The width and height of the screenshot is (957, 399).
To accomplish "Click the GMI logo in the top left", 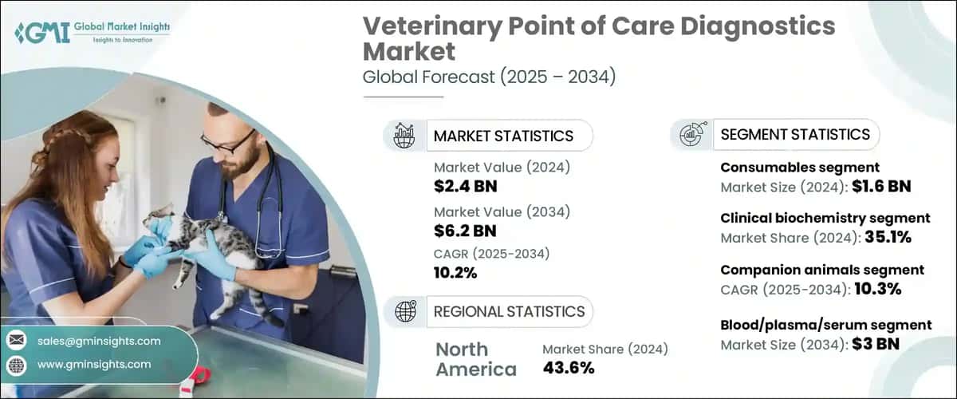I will tap(32, 32).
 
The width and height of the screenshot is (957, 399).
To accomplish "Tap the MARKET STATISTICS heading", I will tap(502, 136).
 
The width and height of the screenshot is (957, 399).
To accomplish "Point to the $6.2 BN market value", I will tap(466, 231).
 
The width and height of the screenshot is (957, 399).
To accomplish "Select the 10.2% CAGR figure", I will tap(455, 273).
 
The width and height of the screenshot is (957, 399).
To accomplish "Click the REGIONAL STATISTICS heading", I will tap(509, 311).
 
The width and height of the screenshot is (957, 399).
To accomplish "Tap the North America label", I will tap(475, 359).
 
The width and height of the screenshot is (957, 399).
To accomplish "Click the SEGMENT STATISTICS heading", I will tap(794, 134).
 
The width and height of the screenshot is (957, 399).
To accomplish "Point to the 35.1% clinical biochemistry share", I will tap(883, 238).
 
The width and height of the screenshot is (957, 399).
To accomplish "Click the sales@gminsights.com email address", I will tap(99, 341).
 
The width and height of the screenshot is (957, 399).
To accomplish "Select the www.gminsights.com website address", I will tap(94, 365).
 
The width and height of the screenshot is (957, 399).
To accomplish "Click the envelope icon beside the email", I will tap(17, 341).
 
